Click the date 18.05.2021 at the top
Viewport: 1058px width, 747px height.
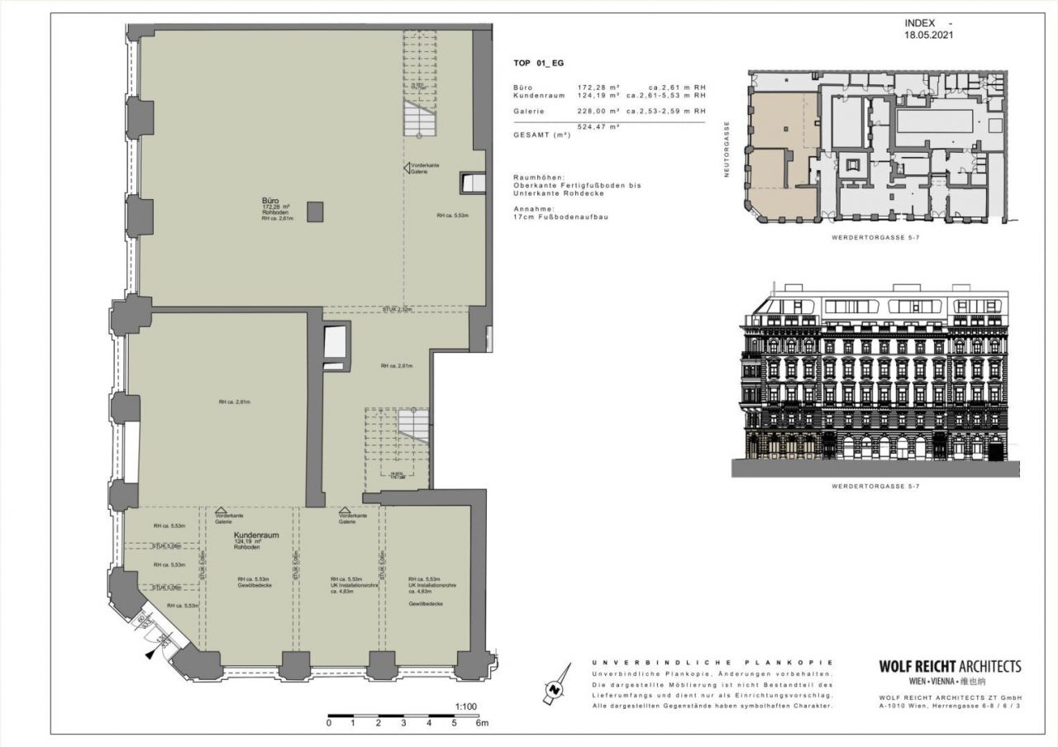(x=930, y=36)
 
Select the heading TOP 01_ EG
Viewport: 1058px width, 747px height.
(x=538, y=63)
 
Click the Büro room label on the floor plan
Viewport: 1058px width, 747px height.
(x=269, y=200)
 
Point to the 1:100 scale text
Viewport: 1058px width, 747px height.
(x=466, y=707)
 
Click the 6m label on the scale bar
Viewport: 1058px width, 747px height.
(x=481, y=723)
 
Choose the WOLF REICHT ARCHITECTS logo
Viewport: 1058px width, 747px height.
(x=949, y=667)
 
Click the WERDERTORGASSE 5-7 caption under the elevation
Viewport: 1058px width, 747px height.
(x=875, y=487)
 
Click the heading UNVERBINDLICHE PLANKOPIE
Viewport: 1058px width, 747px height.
(x=712, y=663)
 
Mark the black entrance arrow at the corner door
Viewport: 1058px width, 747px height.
(x=150, y=654)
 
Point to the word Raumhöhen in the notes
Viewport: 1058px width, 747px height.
(x=538, y=177)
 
